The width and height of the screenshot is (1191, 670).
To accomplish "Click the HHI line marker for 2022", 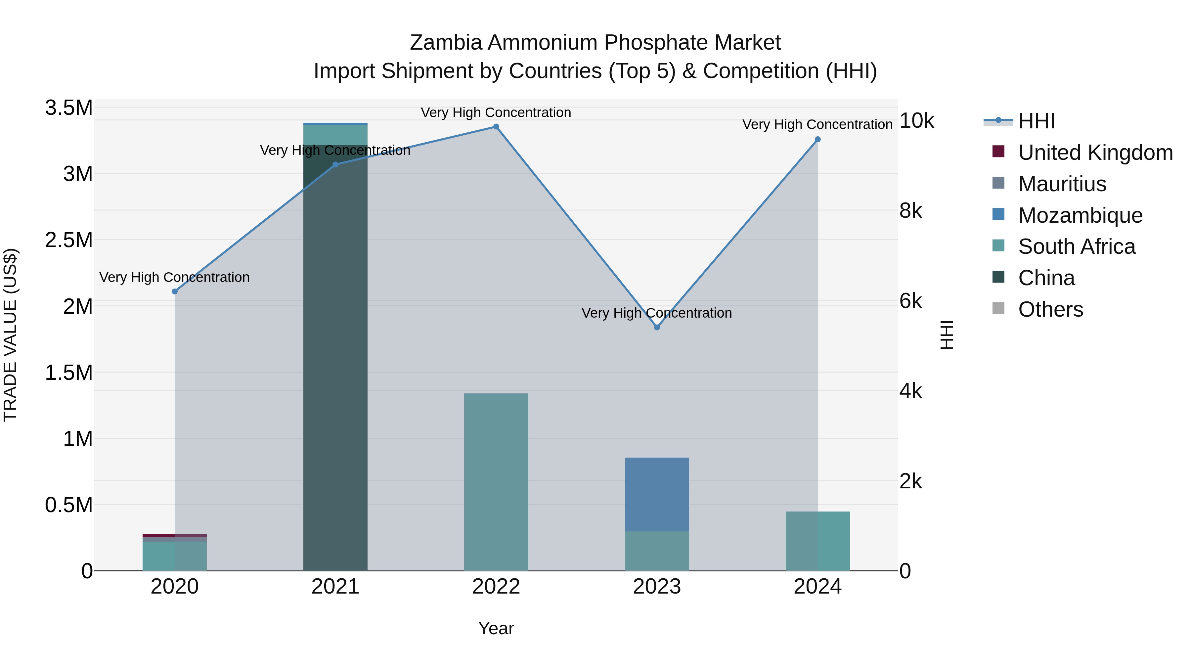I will pyautogui.click(x=496, y=127).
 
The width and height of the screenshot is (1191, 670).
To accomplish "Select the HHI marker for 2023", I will pyautogui.click(x=657, y=327).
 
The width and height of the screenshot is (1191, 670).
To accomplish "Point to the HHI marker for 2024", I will pyautogui.click(x=817, y=139).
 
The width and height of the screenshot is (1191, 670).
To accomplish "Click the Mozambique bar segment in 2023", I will pyautogui.click(x=657, y=494).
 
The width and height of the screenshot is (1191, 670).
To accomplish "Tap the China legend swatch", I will pyautogui.click(x=999, y=278).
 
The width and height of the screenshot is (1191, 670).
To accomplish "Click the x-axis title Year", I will pyautogui.click(x=496, y=628).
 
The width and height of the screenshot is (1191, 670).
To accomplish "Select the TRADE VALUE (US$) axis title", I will pyautogui.click(x=11, y=335).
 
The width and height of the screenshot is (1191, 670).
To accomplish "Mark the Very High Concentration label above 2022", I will pyautogui.click(x=496, y=112).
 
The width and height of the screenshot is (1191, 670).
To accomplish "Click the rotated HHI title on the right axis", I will pyautogui.click(x=947, y=335).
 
